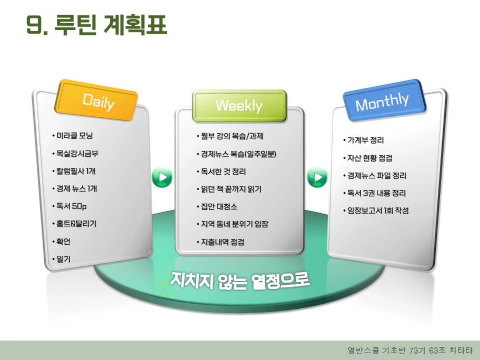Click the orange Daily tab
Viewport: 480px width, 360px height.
pyautogui.click(x=96, y=101)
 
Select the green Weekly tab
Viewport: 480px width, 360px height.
pyautogui.click(x=239, y=106)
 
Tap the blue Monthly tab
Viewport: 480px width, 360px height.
pyautogui.click(x=384, y=101)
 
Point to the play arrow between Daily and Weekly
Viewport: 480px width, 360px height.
pyautogui.click(x=162, y=177)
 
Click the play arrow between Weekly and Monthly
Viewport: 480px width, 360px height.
pyautogui.click(x=317, y=177)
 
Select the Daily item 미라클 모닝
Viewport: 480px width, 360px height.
pyautogui.click(x=74, y=135)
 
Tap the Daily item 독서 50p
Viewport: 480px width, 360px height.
pyautogui.click(x=72, y=206)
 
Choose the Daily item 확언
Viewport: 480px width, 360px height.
pyautogui.click(x=63, y=242)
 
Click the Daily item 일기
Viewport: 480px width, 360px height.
pyautogui.click(x=63, y=259)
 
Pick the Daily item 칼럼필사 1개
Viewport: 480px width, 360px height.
pyautogui.click(x=76, y=171)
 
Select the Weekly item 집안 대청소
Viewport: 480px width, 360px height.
pyautogui.click(x=219, y=207)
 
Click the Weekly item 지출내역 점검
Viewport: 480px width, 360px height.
pyautogui.click(x=223, y=242)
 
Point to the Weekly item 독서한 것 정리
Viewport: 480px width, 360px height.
pyautogui.click(x=223, y=172)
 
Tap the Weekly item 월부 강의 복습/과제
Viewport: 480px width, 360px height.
pyautogui.click(x=232, y=136)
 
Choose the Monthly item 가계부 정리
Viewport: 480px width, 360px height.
pyautogui.click(x=365, y=140)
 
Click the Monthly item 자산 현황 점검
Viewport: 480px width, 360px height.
pyautogui.click(x=370, y=158)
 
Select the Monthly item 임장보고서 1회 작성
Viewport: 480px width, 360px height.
pyautogui.click(x=378, y=211)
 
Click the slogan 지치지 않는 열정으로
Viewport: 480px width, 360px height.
pyautogui.click(x=239, y=280)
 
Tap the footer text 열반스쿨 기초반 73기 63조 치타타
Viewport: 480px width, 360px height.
pyautogui.click(x=410, y=350)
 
